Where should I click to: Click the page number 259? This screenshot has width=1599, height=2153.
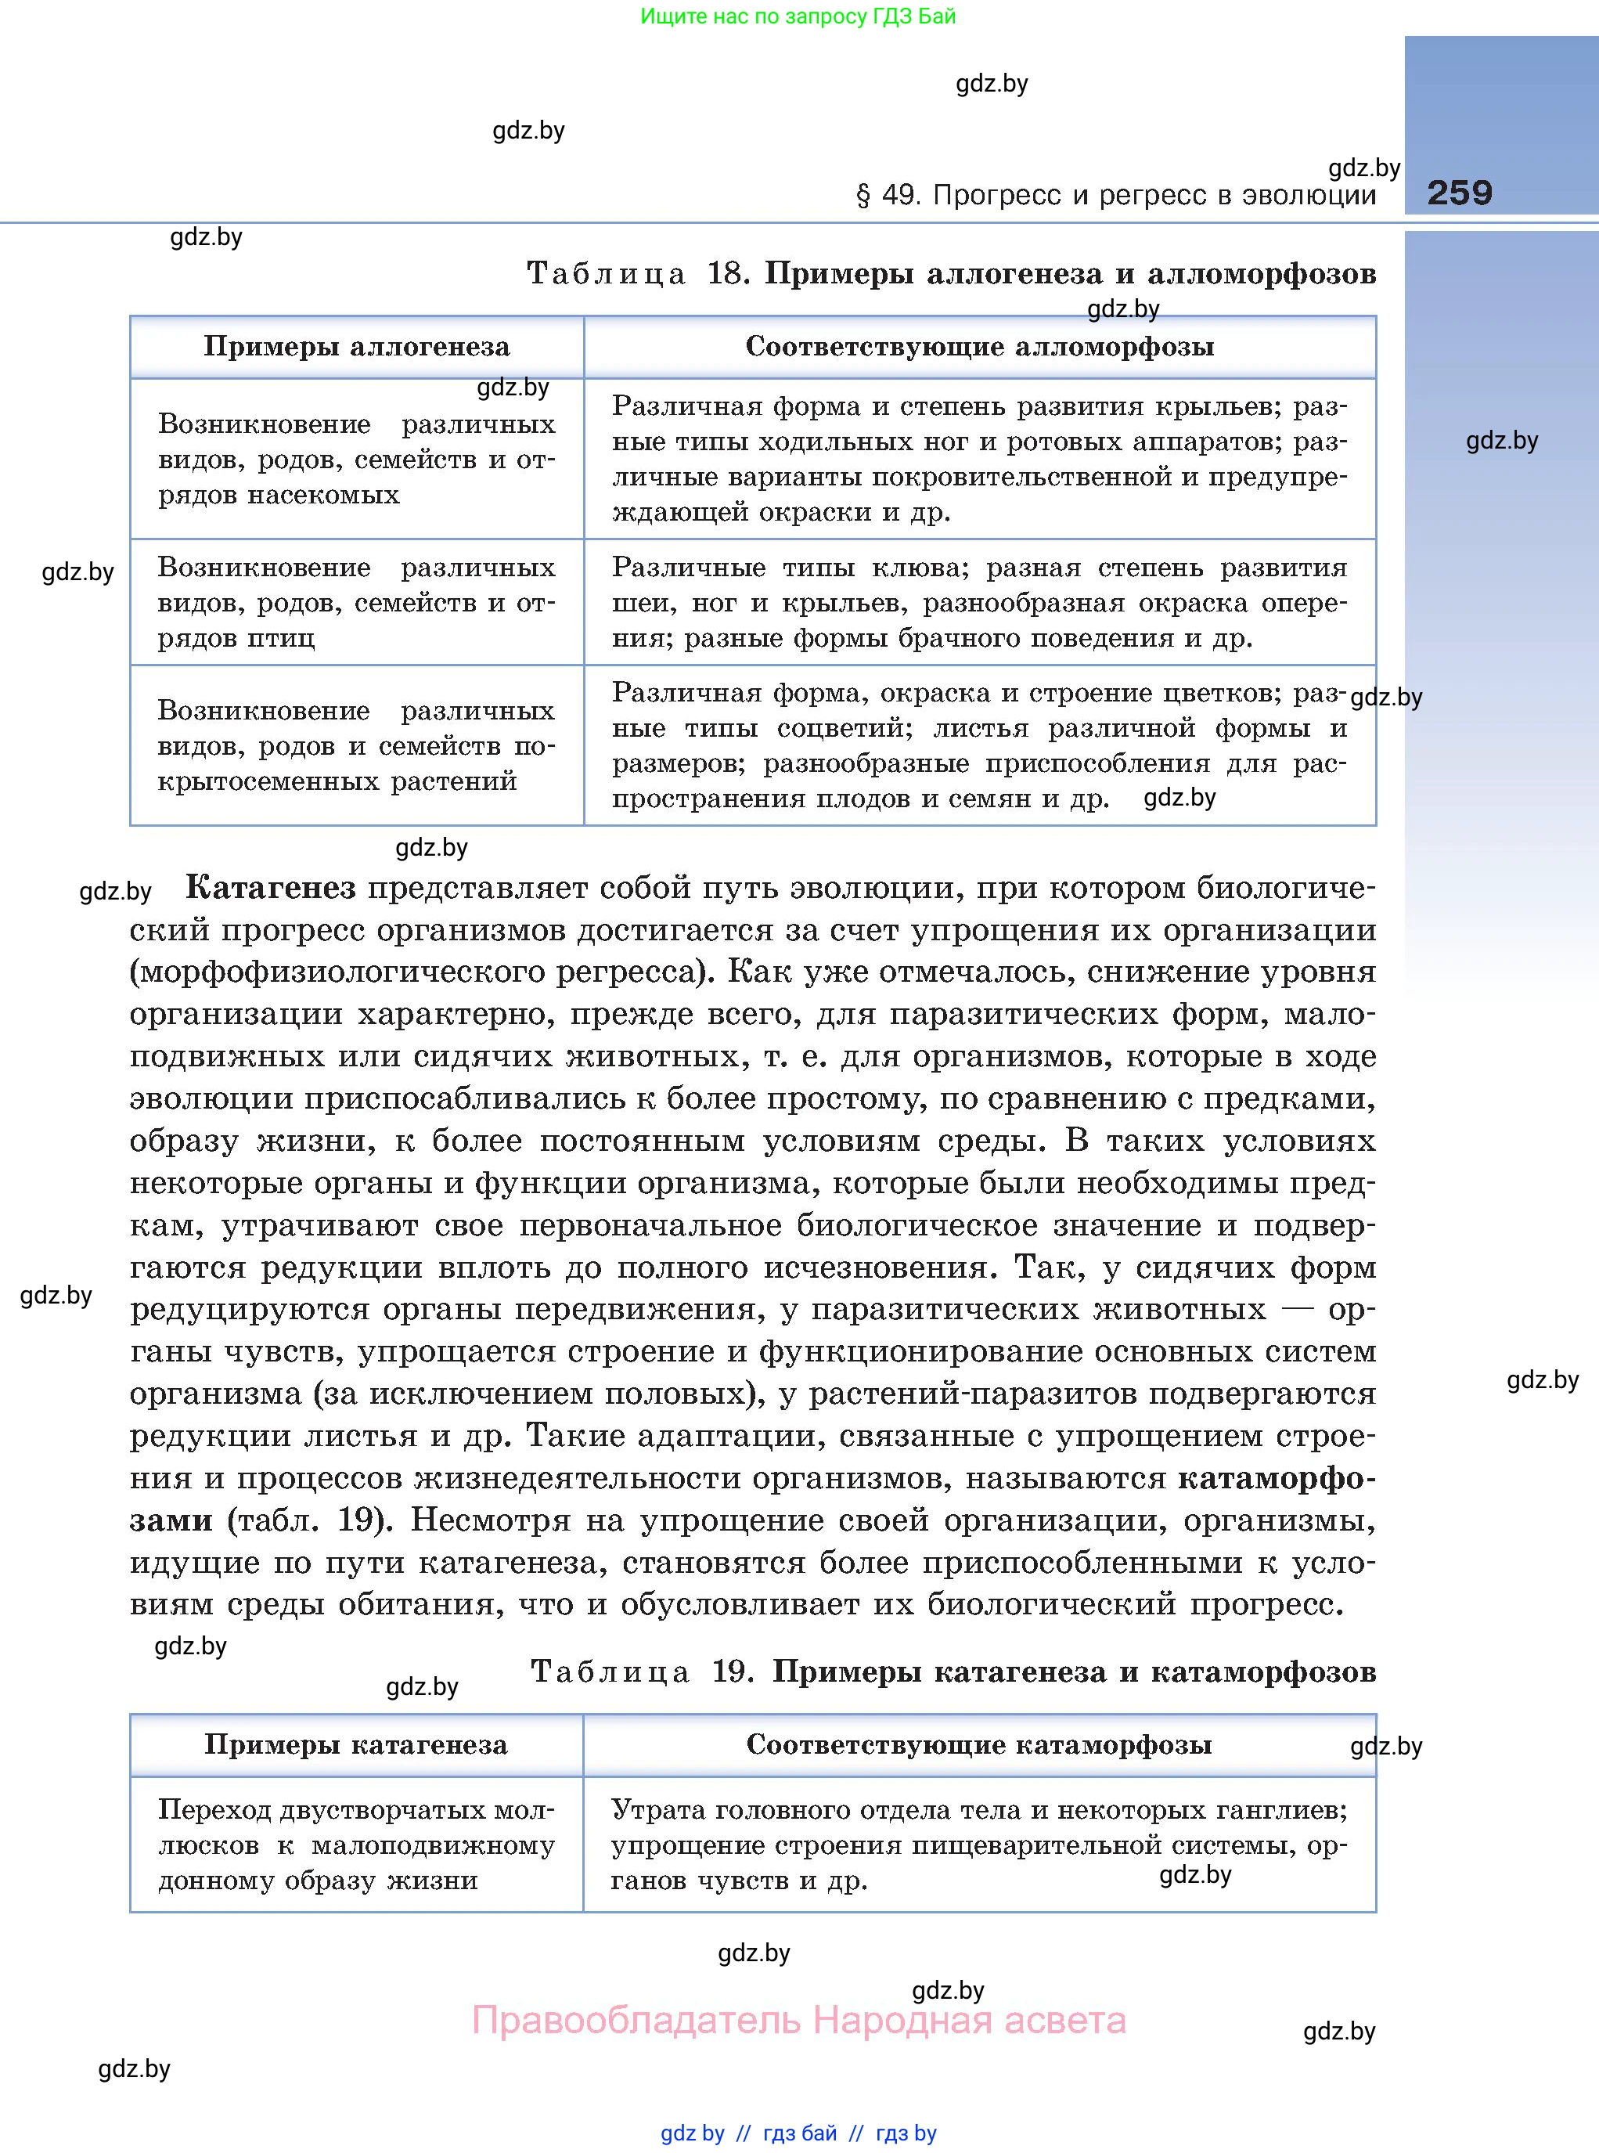(x=1459, y=193)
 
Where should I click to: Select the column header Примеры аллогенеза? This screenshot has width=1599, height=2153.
(x=356, y=347)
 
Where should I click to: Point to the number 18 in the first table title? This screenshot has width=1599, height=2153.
(x=726, y=274)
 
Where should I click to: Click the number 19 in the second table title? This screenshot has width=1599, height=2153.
(x=732, y=1672)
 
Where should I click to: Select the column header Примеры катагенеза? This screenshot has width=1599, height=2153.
(x=355, y=1745)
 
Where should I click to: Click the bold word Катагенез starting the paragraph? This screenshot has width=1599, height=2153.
(x=270, y=888)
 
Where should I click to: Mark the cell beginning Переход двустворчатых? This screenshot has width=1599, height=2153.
(x=355, y=1845)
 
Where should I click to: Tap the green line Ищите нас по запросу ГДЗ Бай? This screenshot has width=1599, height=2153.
(x=798, y=16)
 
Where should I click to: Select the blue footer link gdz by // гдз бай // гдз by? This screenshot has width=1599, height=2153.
(x=798, y=2133)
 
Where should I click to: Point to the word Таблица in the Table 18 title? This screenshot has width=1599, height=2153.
(x=607, y=274)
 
